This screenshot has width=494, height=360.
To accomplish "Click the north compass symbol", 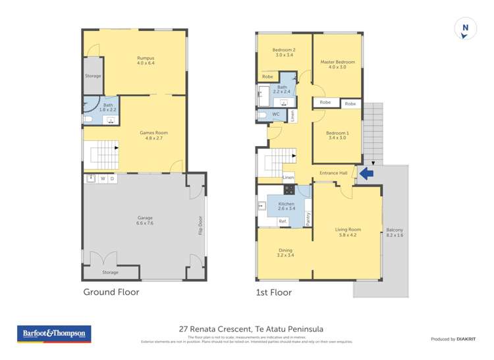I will pos(466,29).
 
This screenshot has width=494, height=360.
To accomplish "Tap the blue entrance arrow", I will pos(365,174).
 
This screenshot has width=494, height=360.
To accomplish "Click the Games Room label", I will pos(151,136).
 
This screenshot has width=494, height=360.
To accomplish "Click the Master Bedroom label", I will pos(337,64).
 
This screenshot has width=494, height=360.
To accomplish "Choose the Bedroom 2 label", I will pos(284,53).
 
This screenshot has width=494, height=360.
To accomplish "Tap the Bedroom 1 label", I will pos(338,136).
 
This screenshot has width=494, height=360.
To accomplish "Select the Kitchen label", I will pos(286,207).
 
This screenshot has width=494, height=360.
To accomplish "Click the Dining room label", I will pos(285,253).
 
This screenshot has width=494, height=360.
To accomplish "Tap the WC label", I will pos(275,115).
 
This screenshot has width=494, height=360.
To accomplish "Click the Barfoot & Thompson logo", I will pos(54,334).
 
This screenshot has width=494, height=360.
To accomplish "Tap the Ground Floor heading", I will pos(111,292).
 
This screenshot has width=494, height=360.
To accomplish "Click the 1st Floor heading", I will pos(274,292).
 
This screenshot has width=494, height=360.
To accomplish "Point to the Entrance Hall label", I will pos(333,173).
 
